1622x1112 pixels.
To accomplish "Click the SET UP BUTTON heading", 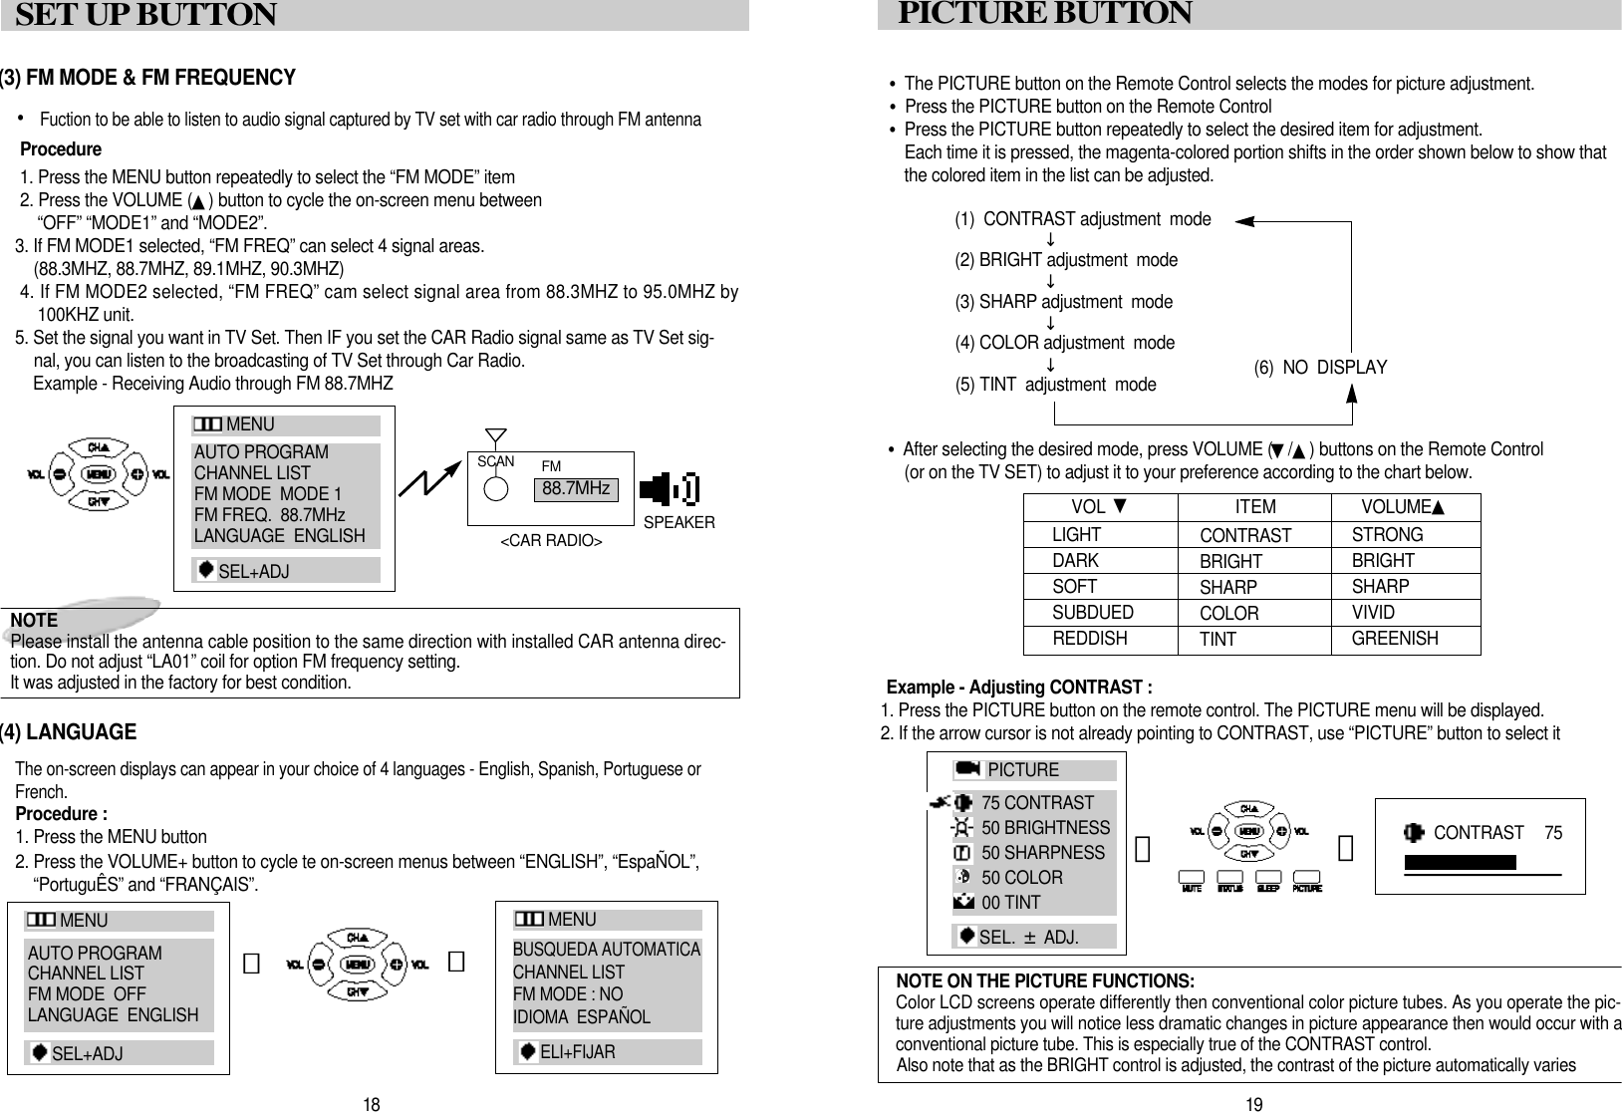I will (x=145, y=16).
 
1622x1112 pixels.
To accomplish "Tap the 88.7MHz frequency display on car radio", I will (x=575, y=489).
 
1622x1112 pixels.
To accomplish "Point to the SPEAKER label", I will (x=678, y=522).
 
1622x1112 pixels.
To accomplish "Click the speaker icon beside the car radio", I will (x=667, y=489).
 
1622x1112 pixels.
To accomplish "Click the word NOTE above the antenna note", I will (x=34, y=621).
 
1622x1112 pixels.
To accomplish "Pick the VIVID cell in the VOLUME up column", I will (x=1373, y=612).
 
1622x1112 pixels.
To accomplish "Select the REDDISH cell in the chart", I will (x=1089, y=638).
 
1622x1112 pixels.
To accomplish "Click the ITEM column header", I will (x=1254, y=507).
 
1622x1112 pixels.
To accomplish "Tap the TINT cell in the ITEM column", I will (x=1217, y=640).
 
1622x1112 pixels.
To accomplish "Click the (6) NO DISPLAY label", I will (x=1319, y=368).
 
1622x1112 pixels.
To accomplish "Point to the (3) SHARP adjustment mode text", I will (x=1063, y=301).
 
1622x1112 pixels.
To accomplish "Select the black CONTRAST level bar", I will (x=1460, y=862).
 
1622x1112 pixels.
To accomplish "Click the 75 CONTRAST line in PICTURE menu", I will (x=1036, y=803).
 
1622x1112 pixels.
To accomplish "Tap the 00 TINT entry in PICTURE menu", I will (x=1010, y=903).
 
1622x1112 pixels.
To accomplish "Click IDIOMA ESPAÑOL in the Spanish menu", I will (x=581, y=1017).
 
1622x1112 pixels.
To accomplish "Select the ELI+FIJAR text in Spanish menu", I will (x=577, y=1052).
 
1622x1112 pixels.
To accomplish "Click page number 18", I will (x=372, y=1104).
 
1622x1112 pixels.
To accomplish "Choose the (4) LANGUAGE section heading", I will (x=68, y=732).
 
